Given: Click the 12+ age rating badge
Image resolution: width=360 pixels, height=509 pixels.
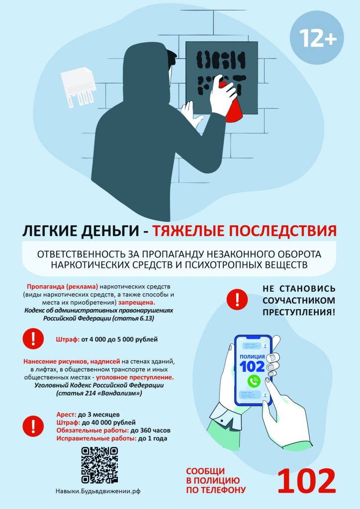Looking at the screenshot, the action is click(317, 38).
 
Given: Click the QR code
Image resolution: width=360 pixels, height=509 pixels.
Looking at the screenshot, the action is click(99, 465).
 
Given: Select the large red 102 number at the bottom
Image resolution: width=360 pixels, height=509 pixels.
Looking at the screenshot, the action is click(306, 481).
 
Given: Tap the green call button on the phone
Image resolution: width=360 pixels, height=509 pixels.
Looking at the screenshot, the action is click(254, 381).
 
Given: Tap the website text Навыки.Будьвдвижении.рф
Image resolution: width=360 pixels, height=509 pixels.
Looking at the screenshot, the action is click(98, 492).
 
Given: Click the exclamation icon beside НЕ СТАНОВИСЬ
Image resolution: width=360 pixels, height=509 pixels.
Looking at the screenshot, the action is click(237, 299).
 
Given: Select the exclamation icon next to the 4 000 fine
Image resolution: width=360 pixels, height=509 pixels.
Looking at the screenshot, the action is click(33, 339).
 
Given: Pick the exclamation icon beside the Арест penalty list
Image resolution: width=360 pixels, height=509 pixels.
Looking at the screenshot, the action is click(33, 426).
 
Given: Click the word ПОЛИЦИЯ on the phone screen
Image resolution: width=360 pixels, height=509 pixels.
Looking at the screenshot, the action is click(252, 356).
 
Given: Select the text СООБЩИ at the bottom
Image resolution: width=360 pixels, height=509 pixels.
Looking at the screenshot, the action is click(205, 471).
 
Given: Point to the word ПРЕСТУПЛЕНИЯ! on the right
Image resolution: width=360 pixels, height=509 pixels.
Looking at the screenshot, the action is click(299, 312).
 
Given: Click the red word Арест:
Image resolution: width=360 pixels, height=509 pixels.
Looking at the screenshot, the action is click(66, 415).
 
